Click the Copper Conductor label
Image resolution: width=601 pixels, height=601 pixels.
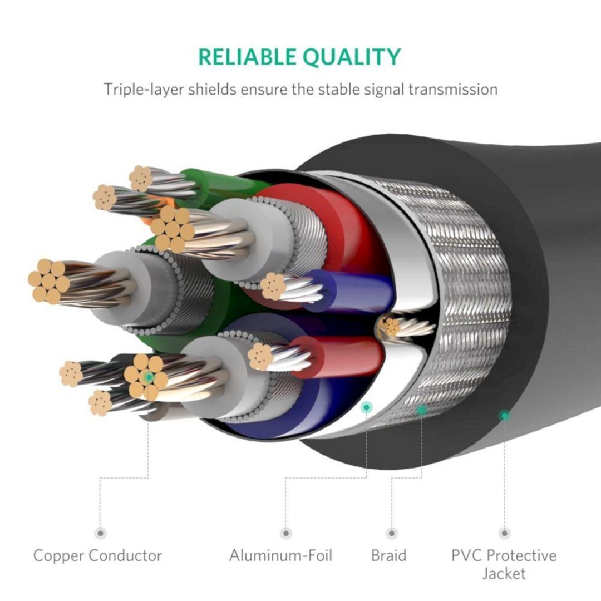pyautogui.click(x=97, y=555)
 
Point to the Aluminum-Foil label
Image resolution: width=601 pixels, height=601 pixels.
pyautogui.click(x=280, y=555)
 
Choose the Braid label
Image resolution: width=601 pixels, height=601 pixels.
pyautogui.click(x=389, y=555)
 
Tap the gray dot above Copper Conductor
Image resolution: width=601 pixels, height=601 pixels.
pyautogui.click(x=100, y=533)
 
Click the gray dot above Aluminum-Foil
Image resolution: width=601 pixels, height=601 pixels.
pyautogui.click(x=285, y=533)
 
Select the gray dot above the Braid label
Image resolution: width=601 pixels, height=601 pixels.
pyautogui.click(x=392, y=533)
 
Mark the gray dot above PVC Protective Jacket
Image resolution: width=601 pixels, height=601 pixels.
pyautogui.click(x=505, y=533)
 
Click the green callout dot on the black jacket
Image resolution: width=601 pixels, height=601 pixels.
pyautogui.click(x=504, y=415)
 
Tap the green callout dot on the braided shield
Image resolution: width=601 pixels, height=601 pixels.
pyautogui.click(x=422, y=410)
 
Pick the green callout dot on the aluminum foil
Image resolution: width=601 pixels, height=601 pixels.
pyautogui.click(x=366, y=407)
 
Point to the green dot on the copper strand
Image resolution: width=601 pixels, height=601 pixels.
pyautogui.click(x=148, y=377)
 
